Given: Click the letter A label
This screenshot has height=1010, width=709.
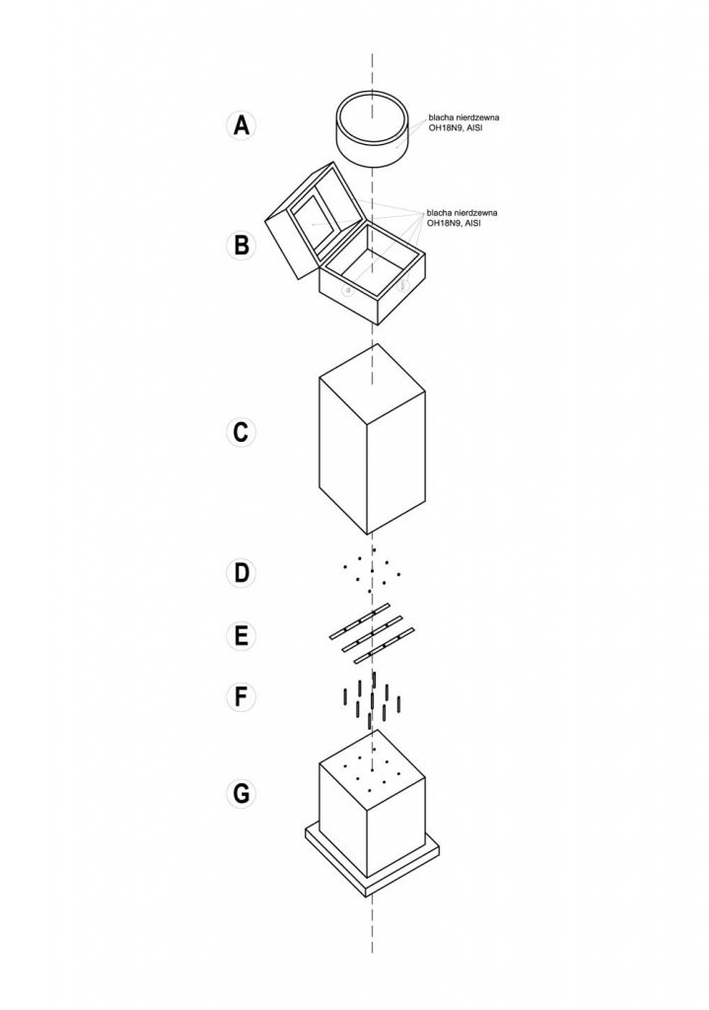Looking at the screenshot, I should [x=240, y=126].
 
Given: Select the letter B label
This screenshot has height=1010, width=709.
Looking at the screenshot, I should [x=240, y=244].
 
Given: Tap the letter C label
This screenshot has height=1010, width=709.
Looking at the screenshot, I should [x=240, y=431].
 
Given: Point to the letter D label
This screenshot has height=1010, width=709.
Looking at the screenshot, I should [x=240, y=572].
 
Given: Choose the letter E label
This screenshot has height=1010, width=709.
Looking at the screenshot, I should [x=240, y=636].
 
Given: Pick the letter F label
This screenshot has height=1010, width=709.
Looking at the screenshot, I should [x=240, y=696].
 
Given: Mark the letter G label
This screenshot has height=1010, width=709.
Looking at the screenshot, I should [x=240, y=792].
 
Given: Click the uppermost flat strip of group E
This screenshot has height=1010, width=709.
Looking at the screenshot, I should [x=359, y=616].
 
